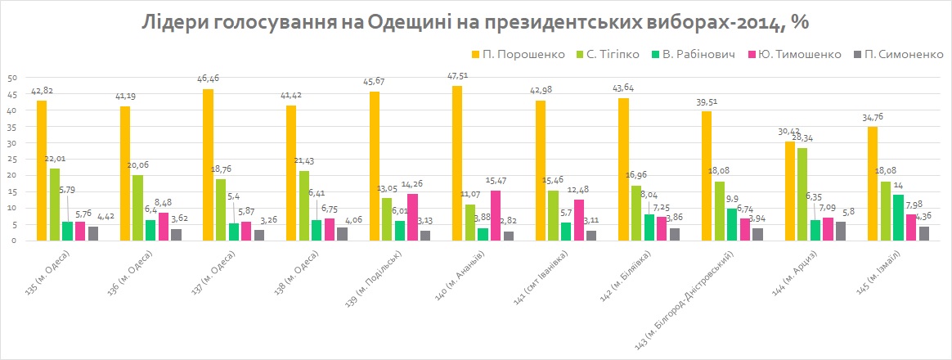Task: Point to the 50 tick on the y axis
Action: [x=12, y=78]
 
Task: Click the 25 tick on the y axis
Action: [x=12, y=159]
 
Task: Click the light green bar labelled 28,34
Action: [x=803, y=194]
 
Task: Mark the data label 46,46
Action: [x=206, y=80]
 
